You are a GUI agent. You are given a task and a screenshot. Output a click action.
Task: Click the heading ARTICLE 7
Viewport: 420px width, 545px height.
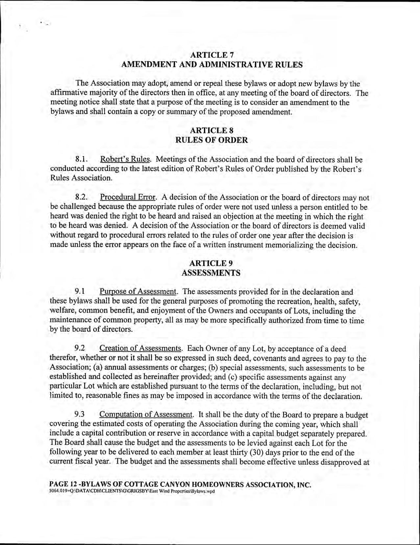click(212, 54)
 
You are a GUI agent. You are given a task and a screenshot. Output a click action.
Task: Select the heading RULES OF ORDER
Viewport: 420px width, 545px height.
click(212, 140)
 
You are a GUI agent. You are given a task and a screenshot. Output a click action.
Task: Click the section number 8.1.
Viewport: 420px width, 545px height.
click(81, 160)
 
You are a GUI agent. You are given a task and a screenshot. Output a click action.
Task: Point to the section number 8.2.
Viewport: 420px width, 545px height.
click(81, 198)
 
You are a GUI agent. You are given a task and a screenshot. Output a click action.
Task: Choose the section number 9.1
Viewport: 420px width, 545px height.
click(80, 292)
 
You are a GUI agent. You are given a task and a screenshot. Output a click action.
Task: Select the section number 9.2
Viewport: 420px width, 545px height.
click(80, 348)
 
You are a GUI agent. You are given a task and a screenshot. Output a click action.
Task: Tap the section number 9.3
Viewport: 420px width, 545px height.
click(80, 415)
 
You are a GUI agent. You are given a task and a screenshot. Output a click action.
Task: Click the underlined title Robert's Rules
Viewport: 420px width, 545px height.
click(126, 160)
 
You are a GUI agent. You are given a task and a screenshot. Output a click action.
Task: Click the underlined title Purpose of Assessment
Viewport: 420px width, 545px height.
click(139, 292)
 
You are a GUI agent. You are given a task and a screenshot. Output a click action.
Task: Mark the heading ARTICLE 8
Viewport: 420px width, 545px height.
click(212, 131)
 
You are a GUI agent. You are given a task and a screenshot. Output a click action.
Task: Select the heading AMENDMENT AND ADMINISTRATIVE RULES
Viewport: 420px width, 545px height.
click(212, 65)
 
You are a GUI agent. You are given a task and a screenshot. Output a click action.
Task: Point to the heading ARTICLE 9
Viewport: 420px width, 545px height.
click(212, 263)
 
